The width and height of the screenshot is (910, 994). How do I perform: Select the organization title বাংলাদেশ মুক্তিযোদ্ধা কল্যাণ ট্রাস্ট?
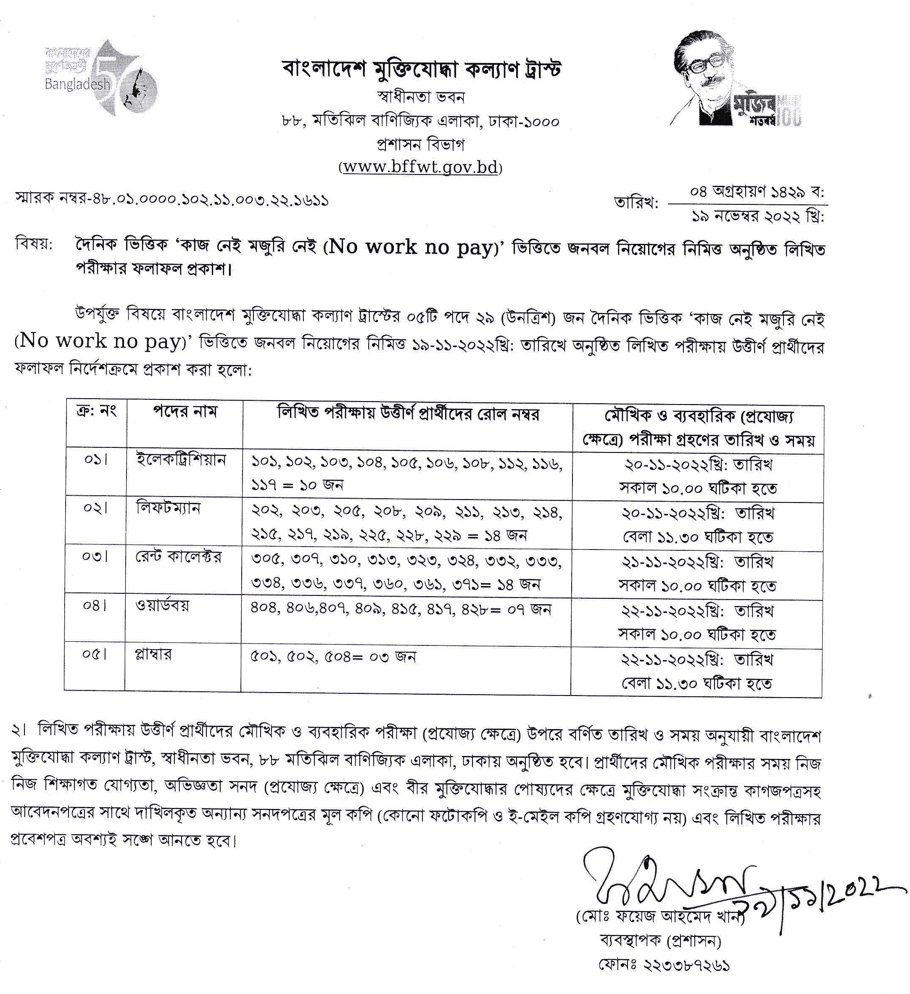click(422, 70)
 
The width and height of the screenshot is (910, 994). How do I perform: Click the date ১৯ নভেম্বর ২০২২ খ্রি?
click(757, 217)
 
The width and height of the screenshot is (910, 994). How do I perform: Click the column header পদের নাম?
click(185, 412)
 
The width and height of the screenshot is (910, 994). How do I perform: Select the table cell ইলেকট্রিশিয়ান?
click(181, 460)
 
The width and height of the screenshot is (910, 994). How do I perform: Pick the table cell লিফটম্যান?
click(168, 508)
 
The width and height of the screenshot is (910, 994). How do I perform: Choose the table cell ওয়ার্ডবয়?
click(162, 605)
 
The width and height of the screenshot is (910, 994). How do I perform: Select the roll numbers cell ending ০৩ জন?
click(333, 657)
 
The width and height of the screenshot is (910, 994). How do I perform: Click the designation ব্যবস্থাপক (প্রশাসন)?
click(661, 942)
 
